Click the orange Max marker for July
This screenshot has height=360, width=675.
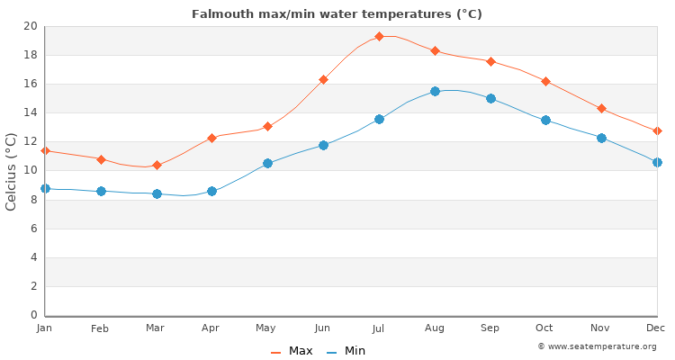coord(379,37)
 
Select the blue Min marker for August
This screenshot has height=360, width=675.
coord(435,91)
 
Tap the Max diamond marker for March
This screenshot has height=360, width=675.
coord(157,166)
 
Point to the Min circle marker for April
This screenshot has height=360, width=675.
coord(211,191)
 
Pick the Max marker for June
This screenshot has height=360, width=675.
coord(323,79)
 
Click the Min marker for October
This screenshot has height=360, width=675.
coord(545,120)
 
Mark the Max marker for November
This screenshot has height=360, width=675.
coord(601,108)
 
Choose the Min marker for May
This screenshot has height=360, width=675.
coord(267,163)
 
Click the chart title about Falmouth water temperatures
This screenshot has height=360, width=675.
coord(337,13)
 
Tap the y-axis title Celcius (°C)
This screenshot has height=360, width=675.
coord(12,171)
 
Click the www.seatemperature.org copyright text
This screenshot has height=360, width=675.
coord(597,346)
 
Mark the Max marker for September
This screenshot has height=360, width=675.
coord(490,61)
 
